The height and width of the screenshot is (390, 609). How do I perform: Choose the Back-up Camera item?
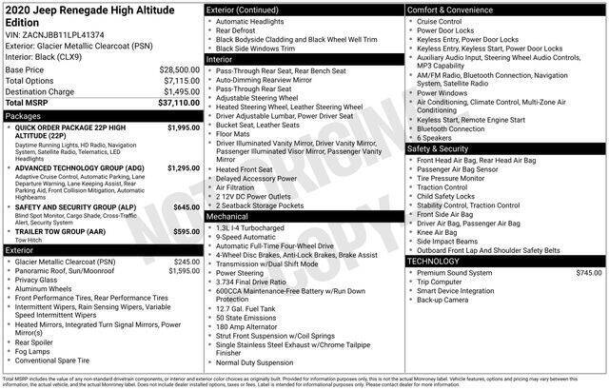(x=442, y=300)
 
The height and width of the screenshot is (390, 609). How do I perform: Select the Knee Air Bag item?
(x=437, y=231)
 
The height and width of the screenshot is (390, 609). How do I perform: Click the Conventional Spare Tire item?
(x=66, y=361)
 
